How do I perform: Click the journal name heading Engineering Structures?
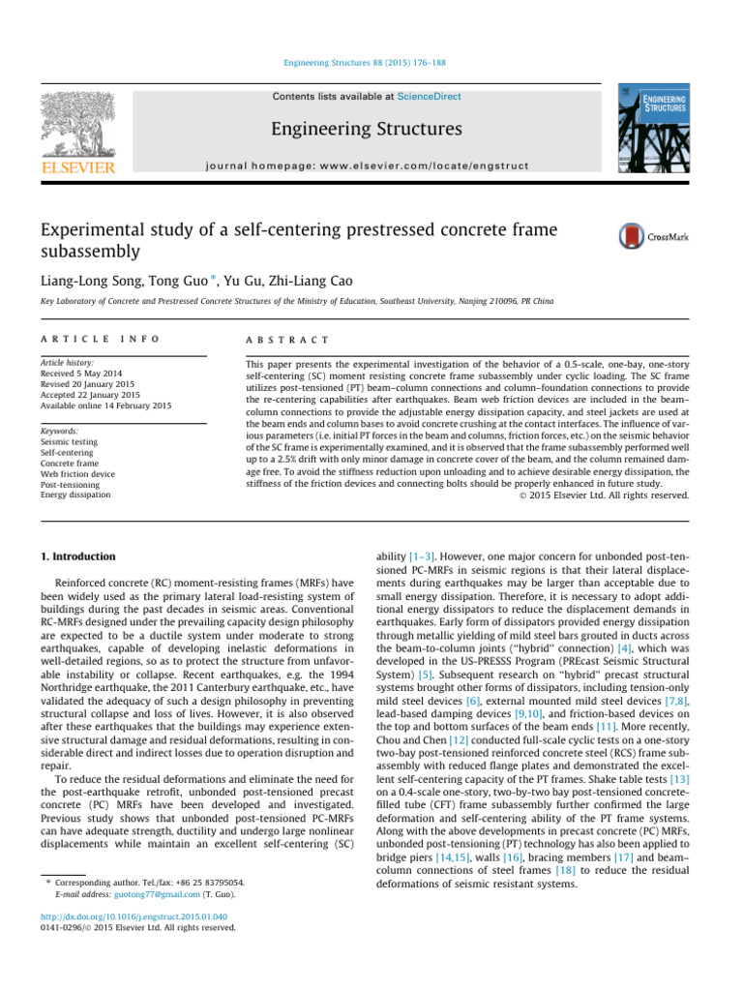click(368, 129)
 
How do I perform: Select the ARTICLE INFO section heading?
click(86, 341)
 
